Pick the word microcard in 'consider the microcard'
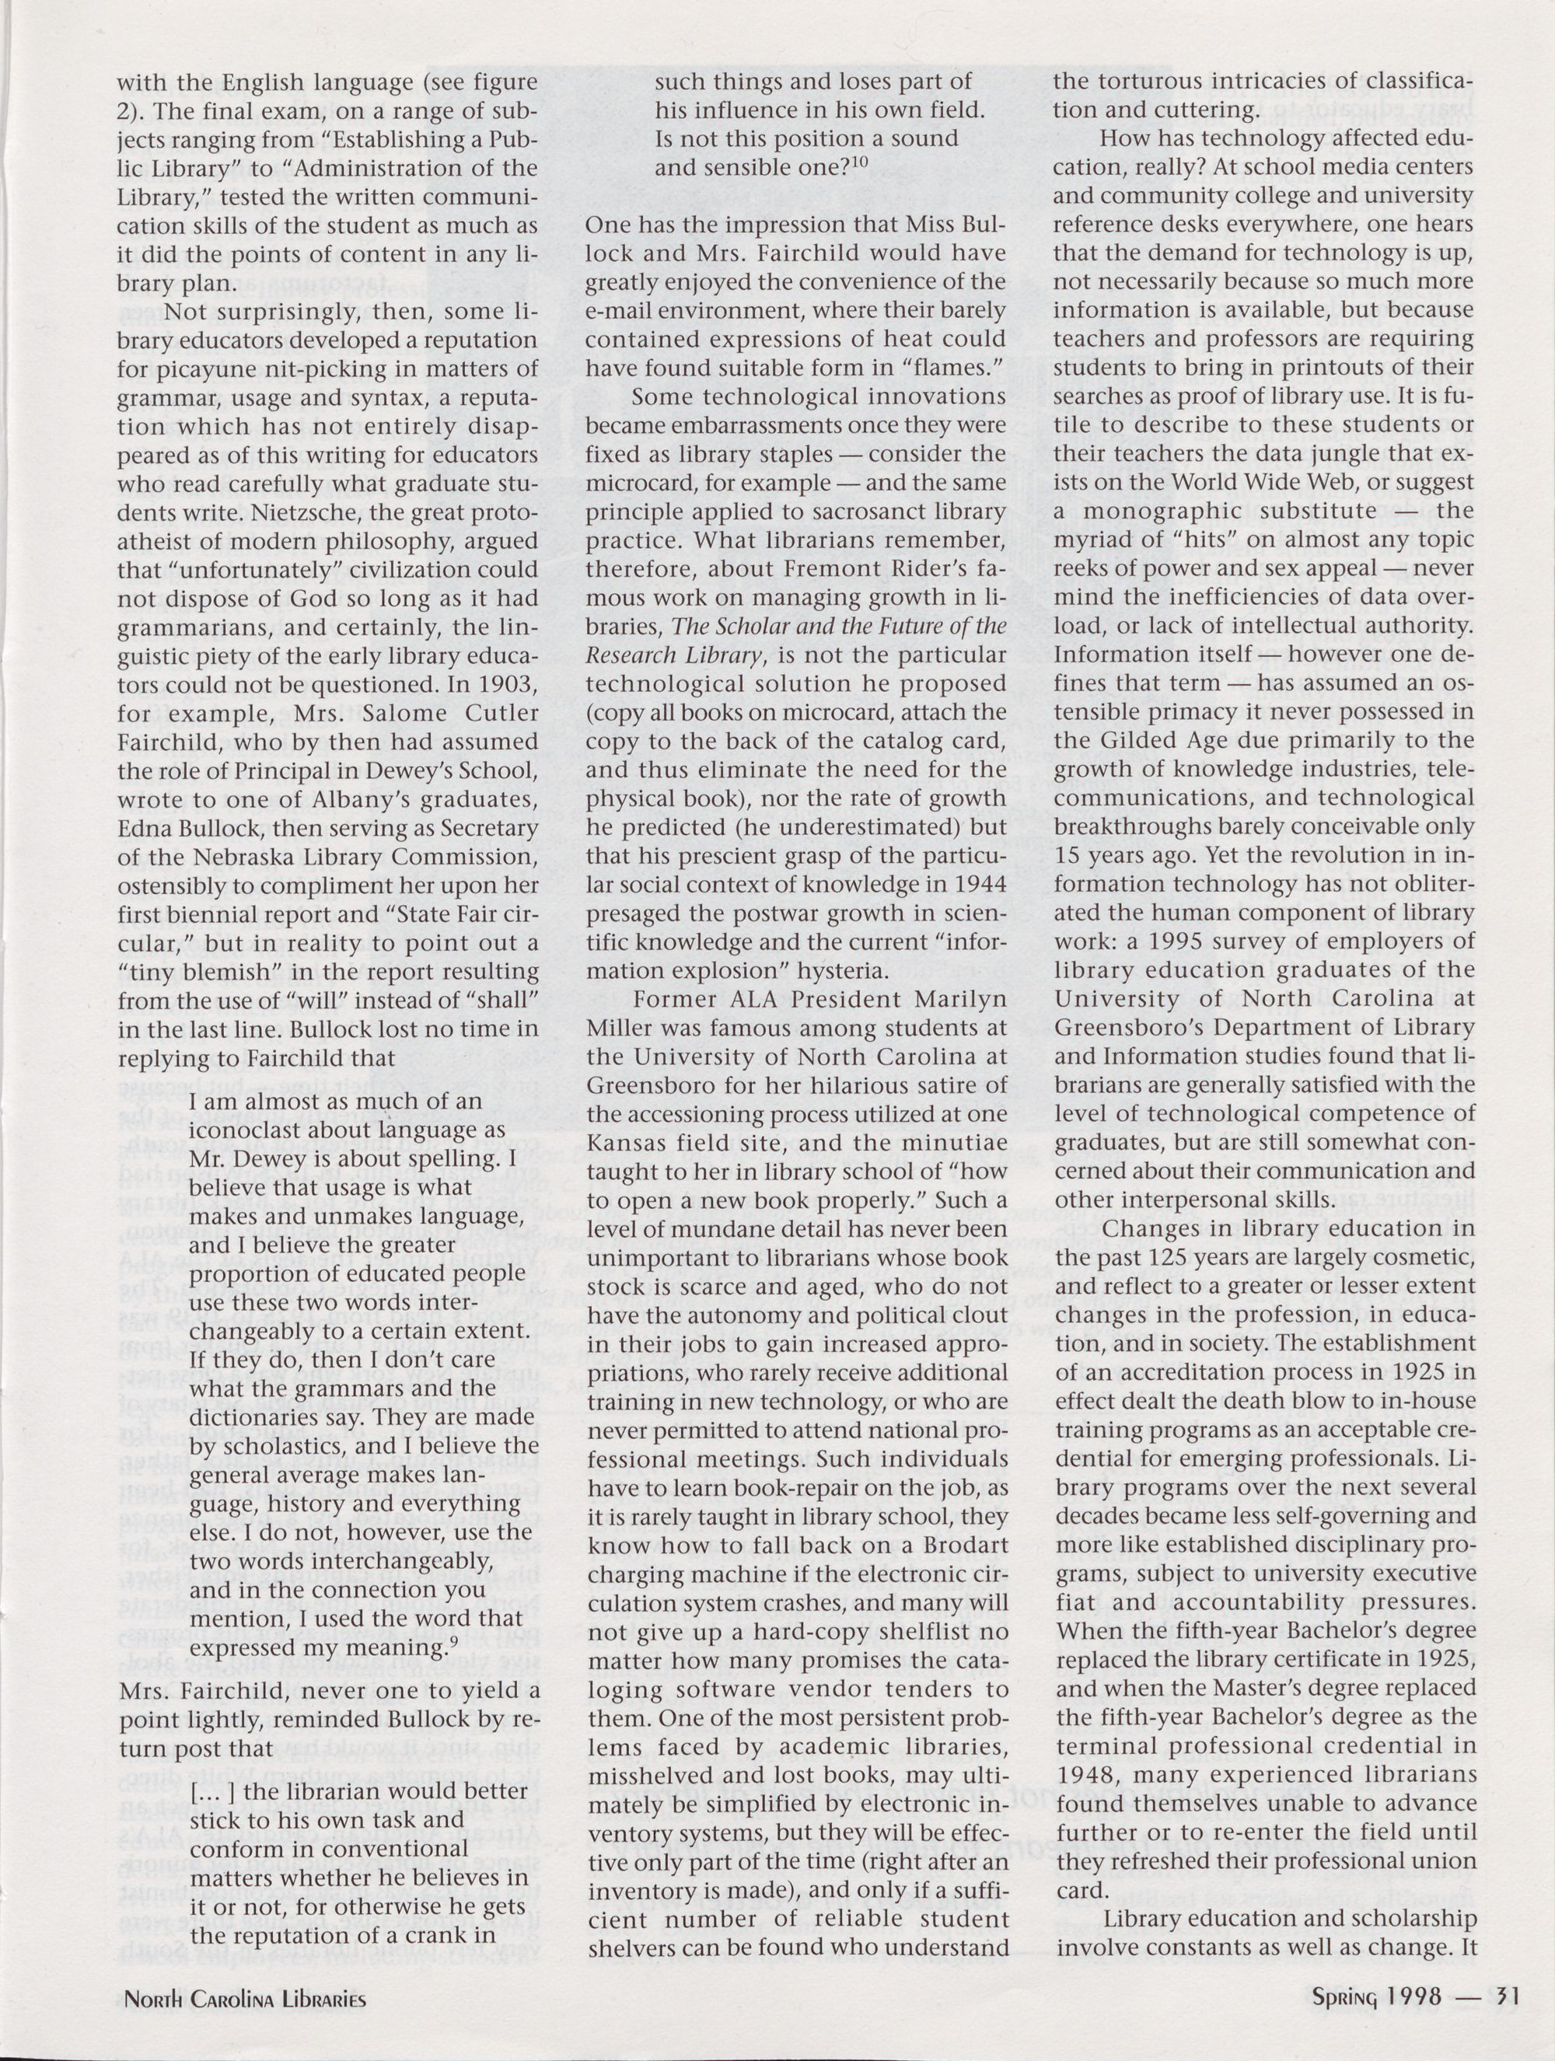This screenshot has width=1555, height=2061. click(x=639, y=484)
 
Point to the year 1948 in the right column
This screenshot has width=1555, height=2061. click(x=1086, y=1776)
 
